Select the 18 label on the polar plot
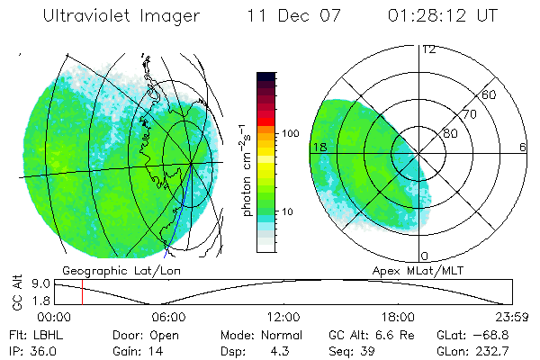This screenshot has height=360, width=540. click(x=319, y=146)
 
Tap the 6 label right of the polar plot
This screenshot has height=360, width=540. click(x=523, y=147)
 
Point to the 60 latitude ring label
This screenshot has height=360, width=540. click(x=490, y=94)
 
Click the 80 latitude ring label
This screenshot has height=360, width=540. click(x=450, y=134)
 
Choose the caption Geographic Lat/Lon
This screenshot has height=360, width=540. click(x=112, y=270)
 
